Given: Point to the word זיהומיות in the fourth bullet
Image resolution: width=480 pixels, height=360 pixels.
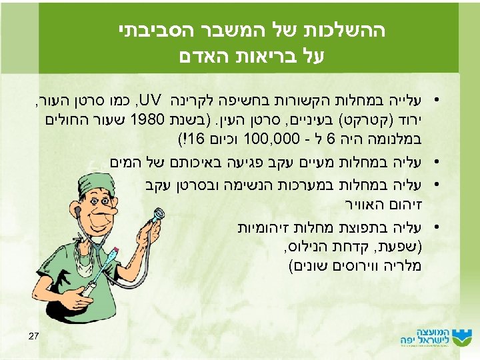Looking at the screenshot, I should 261,229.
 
